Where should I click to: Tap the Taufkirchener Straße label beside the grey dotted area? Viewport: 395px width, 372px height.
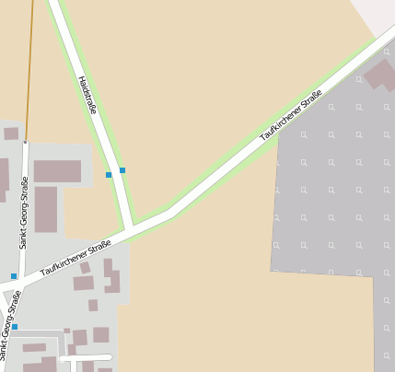(291, 115)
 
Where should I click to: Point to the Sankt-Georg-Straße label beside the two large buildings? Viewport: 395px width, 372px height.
(25, 213)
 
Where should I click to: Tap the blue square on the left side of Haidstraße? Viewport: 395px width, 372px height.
(109, 174)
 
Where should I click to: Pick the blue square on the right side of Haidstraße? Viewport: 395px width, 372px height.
(122, 169)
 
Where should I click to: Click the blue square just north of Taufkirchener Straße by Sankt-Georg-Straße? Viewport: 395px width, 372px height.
(14, 276)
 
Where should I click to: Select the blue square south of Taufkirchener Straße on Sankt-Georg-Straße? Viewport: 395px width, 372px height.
(15, 326)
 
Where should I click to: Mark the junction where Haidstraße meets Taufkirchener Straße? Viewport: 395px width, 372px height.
(130, 227)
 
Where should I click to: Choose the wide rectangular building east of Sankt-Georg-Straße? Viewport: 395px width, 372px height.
(57, 170)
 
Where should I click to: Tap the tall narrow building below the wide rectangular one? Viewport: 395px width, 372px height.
(46, 209)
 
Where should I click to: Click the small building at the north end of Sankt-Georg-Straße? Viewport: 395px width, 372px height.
(11, 134)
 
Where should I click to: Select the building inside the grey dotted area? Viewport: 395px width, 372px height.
(380, 76)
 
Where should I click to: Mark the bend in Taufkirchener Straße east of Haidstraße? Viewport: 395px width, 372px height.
(170, 211)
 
